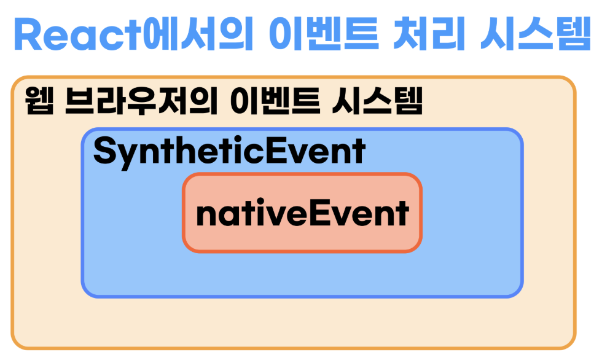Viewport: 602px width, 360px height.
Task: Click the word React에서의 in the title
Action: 134,34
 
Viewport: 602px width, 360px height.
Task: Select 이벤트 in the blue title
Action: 324,34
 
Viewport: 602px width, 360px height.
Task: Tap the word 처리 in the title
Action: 429,34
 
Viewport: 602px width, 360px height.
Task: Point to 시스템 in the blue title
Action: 536,34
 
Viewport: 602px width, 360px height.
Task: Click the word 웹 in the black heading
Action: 39,101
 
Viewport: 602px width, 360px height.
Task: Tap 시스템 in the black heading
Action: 377,101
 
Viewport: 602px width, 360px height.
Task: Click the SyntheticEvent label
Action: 229,152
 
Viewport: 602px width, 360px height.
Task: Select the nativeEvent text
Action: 302,213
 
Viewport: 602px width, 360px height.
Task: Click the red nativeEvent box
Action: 302,213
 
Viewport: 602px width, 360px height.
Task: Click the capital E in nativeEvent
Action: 319,213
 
